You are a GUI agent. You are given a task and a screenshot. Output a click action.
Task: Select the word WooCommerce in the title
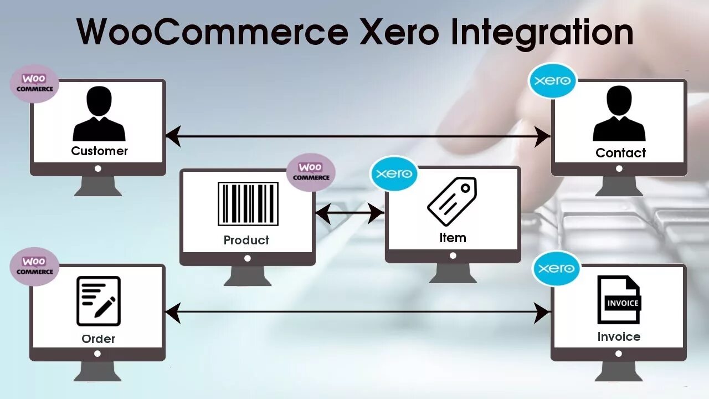[x=212, y=32]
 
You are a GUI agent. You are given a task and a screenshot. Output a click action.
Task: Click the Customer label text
[x=100, y=151]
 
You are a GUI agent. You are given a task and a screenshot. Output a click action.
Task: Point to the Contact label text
[x=620, y=153]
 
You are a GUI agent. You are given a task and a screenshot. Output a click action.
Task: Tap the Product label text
[x=246, y=240]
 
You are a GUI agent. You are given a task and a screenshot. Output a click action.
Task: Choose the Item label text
[x=453, y=238]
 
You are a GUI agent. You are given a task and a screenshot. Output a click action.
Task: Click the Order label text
[x=99, y=339]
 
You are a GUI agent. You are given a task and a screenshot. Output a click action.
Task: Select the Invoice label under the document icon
[x=619, y=336]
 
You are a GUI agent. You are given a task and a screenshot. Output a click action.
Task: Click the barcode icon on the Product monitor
[x=248, y=204]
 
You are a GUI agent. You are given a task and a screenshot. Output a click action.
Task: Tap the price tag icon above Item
[x=452, y=201]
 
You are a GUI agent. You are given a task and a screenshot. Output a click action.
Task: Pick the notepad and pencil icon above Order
[x=99, y=301]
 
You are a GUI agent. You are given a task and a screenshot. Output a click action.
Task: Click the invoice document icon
[x=619, y=300]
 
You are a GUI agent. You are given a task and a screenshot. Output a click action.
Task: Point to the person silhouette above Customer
[x=99, y=114]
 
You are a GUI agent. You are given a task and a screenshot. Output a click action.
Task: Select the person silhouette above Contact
[x=619, y=114]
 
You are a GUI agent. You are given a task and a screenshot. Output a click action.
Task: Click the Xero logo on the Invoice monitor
[x=556, y=268]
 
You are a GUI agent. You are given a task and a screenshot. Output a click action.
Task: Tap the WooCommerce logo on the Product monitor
[x=311, y=172]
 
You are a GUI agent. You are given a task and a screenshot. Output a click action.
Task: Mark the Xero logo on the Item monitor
[x=394, y=173]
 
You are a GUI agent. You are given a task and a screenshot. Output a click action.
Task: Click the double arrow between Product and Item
[x=350, y=213]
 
